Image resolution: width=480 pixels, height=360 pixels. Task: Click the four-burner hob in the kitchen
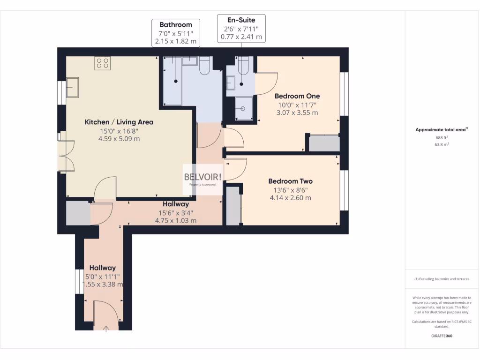pyautogui.click(x=103, y=63)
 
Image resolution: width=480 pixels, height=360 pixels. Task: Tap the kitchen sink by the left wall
pyautogui.click(x=72, y=87)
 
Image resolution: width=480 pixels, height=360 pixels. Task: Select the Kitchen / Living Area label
pyautogui.click(x=119, y=122)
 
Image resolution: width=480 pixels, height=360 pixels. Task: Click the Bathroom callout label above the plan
pyautogui.click(x=176, y=24)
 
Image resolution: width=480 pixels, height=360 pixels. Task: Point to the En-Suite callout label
pyautogui.click(x=241, y=20)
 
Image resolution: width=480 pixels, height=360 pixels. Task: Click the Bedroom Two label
pyautogui.click(x=290, y=181)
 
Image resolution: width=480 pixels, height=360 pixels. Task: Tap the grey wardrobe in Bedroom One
pyautogui.click(x=323, y=143)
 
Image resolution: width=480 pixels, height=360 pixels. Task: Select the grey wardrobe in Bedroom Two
pyautogui.click(x=233, y=206)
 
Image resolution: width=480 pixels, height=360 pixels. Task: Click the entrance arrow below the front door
pyautogui.click(x=105, y=329)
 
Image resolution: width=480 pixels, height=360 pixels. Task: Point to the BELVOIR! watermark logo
pyautogui.click(x=203, y=176)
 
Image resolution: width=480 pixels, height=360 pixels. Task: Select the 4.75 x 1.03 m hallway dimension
pyautogui.click(x=176, y=220)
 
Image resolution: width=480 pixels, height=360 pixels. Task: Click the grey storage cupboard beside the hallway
pyautogui.click(x=78, y=213)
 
